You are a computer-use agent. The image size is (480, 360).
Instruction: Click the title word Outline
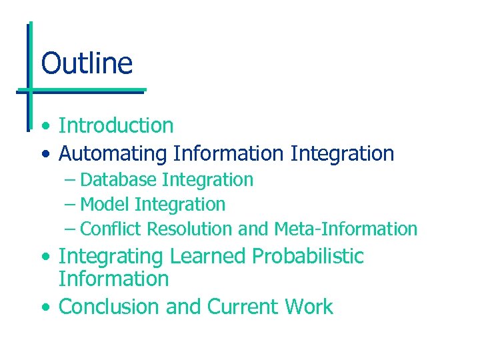click(x=87, y=64)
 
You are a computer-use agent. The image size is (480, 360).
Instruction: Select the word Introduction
click(x=116, y=125)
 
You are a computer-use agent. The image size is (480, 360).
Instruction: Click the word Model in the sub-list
click(x=105, y=205)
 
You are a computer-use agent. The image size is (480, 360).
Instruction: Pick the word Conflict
click(x=111, y=229)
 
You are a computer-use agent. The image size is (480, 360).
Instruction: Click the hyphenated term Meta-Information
click(x=345, y=229)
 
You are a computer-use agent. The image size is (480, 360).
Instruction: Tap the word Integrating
click(x=111, y=257)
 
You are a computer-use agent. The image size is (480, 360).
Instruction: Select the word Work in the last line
click(x=309, y=307)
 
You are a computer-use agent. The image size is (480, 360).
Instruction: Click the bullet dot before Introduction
click(x=44, y=127)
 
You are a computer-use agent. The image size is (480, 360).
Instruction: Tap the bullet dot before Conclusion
click(x=44, y=308)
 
